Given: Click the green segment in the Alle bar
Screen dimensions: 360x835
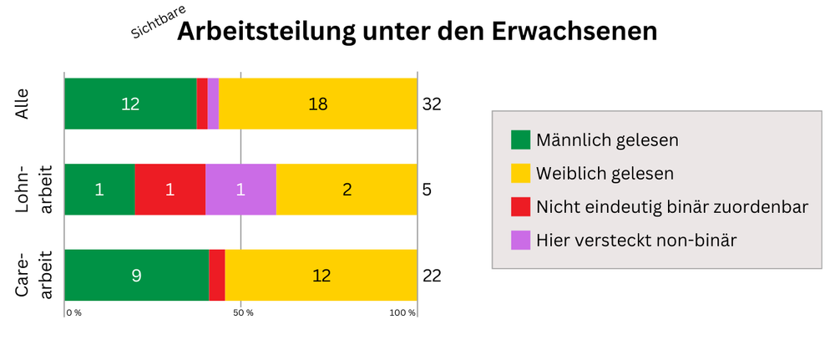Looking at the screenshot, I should (130, 104).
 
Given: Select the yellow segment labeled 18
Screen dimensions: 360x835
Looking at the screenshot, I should (317, 104).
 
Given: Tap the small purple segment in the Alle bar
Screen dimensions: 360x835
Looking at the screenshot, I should (213, 104).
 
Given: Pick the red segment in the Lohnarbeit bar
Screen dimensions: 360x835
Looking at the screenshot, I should (170, 189).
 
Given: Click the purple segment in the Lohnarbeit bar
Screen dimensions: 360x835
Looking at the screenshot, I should (240, 189).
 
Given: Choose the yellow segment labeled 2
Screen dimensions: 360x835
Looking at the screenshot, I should (347, 189).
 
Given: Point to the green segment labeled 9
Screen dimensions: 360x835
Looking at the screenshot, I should (136, 275).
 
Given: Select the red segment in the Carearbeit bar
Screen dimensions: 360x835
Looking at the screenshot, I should (216, 275).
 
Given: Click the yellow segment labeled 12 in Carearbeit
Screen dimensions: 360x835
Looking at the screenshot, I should (321, 275).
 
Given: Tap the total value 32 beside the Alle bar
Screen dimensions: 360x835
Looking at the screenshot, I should (431, 104).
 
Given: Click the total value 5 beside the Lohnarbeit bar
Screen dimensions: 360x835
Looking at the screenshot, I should (427, 190).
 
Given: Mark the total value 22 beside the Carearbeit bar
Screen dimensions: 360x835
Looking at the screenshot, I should (431, 276).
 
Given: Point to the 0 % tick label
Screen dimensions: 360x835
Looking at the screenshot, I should (74, 312).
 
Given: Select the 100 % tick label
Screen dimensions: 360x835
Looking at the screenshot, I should (402, 312).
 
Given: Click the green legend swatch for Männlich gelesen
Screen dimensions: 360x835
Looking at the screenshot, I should (520, 139).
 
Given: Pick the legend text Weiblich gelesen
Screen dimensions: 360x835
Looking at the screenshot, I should (605, 174).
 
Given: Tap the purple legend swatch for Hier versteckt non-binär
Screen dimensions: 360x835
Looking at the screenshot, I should (520, 241).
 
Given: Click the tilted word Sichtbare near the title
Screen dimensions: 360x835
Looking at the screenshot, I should (158, 23).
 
